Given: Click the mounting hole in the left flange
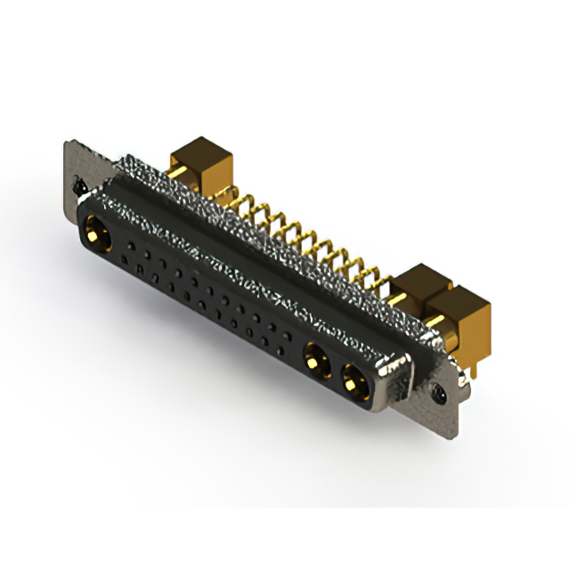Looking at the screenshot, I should point(78,188).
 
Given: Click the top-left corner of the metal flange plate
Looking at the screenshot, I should point(67,142).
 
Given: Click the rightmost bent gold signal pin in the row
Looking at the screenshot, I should point(383,285).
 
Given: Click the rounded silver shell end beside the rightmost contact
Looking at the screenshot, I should point(398,379).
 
